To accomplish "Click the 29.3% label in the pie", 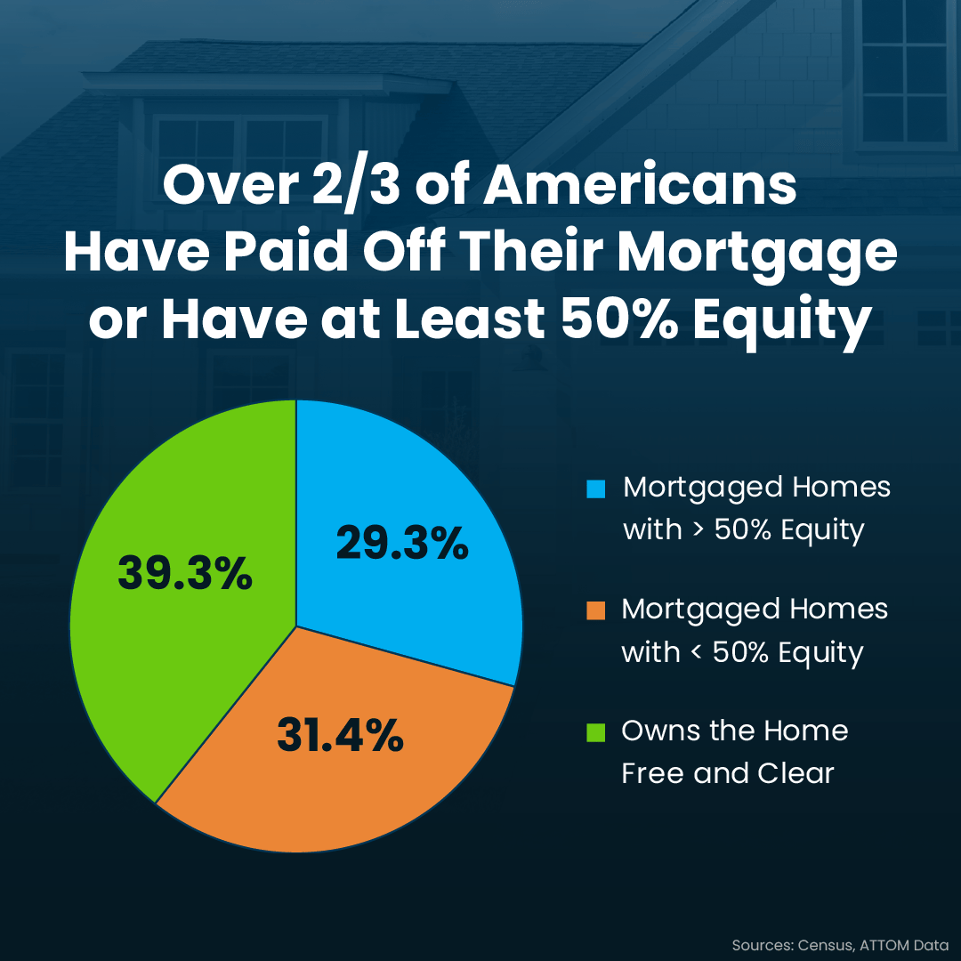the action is point(402,543).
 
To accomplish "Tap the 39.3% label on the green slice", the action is point(185,572).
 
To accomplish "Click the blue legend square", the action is point(595,489).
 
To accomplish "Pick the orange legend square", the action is point(595,610).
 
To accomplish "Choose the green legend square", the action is point(595,732).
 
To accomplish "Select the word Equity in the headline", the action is point(783,323).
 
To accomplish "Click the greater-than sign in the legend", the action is point(699,529).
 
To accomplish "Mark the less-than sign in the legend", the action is point(696,650).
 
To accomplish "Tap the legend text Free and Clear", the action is point(728,773).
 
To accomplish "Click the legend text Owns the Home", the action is point(735,731).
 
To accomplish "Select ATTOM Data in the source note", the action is point(905,944).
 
